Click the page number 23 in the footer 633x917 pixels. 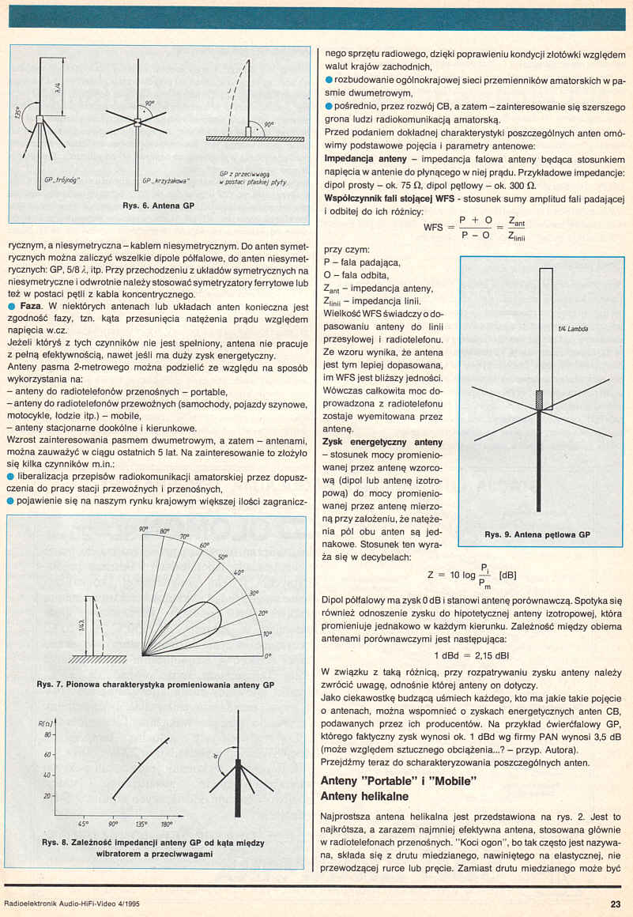pyautogui.click(x=615, y=905)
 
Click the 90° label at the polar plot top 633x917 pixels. pyautogui.click(x=143, y=529)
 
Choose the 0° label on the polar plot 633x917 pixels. pyautogui.click(x=269, y=655)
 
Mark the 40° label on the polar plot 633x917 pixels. pyautogui.click(x=237, y=572)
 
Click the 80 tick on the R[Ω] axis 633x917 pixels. pyautogui.click(x=45, y=735)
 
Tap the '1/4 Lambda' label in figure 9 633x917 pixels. pyautogui.click(x=571, y=328)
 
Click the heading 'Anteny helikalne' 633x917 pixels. pyautogui.click(x=364, y=797)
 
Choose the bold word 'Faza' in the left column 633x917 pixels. pyautogui.click(x=30, y=305)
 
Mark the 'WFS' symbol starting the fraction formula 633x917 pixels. pyautogui.click(x=433, y=226)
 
